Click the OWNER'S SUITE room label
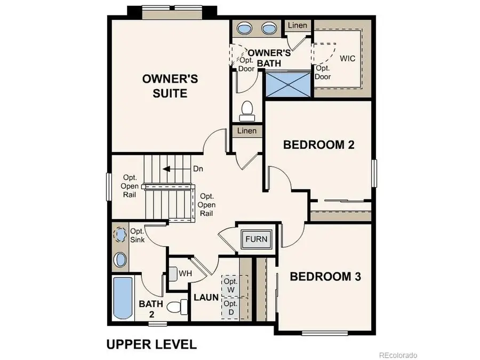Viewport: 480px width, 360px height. [x=170, y=86]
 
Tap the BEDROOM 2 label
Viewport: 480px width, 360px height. [x=319, y=145]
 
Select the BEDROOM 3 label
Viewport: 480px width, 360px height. [x=325, y=277]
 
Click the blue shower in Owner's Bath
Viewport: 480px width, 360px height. [x=288, y=84]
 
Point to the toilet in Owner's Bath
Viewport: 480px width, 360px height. [x=246, y=109]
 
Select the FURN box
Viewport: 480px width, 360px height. [x=257, y=239]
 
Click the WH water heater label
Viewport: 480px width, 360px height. [x=185, y=274]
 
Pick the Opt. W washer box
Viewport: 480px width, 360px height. [x=230, y=285]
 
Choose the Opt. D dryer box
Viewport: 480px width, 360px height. [x=230, y=308]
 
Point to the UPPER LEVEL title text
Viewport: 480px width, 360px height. [x=151, y=344]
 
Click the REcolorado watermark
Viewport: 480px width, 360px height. [x=398, y=355]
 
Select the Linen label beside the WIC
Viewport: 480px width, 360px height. [x=297, y=26]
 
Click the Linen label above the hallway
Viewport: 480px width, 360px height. [x=247, y=131]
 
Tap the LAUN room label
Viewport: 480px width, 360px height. [x=206, y=297]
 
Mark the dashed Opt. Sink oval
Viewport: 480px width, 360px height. [x=121, y=234]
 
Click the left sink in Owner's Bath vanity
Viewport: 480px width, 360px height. [x=244, y=28]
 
